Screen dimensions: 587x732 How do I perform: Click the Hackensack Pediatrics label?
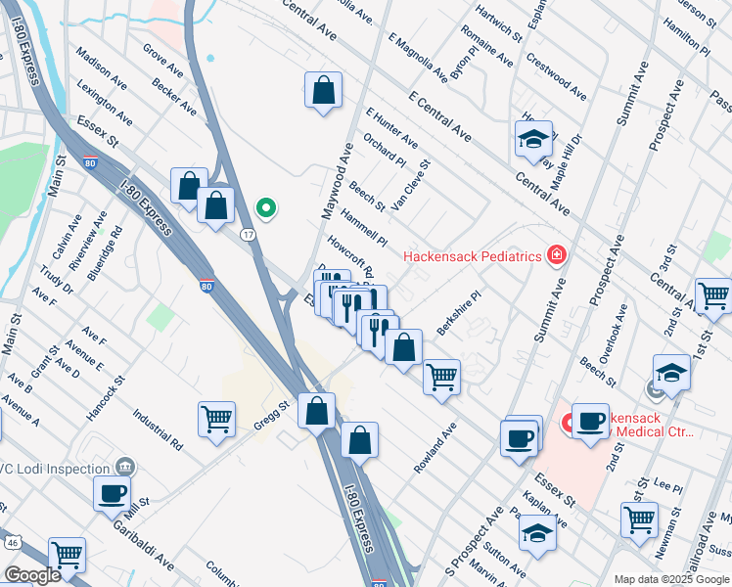pyautogui.click(x=474, y=256)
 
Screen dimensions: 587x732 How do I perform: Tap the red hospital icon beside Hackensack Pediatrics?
pyautogui.click(x=557, y=255)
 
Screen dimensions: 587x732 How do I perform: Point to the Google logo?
pyautogui.click(x=31, y=575)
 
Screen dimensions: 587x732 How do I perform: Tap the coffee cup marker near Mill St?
pyautogui.click(x=112, y=494)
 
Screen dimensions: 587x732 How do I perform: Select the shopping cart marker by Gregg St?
pyautogui.click(x=216, y=419)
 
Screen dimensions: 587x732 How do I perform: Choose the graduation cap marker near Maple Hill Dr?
pyautogui.click(x=533, y=140)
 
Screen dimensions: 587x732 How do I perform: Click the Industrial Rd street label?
pyautogui.click(x=160, y=429)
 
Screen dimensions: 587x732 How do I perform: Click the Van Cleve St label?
pyautogui.click(x=410, y=186)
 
